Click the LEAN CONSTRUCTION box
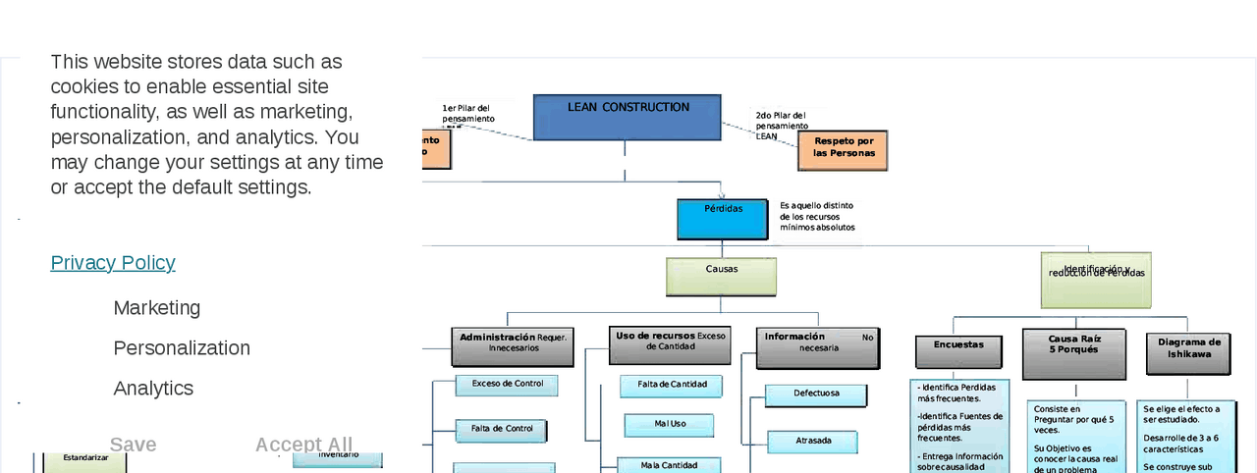pos(627,117)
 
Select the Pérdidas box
pos(722,219)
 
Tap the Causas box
pos(721,276)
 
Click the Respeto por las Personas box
pos(843,150)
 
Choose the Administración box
pos(513,346)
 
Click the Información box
pos(818,347)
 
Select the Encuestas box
pos(958,351)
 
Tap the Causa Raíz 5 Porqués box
pos(1073,353)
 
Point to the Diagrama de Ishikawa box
pos(1188,353)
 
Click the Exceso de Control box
pos(507,385)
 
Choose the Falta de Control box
pos(501,430)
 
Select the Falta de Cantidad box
pos(671,386)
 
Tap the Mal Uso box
pos(669,425)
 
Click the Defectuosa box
pos(816,394)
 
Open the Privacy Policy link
pos(113,263)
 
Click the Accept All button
pos(303,445)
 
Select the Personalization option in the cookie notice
pos(182,348)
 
